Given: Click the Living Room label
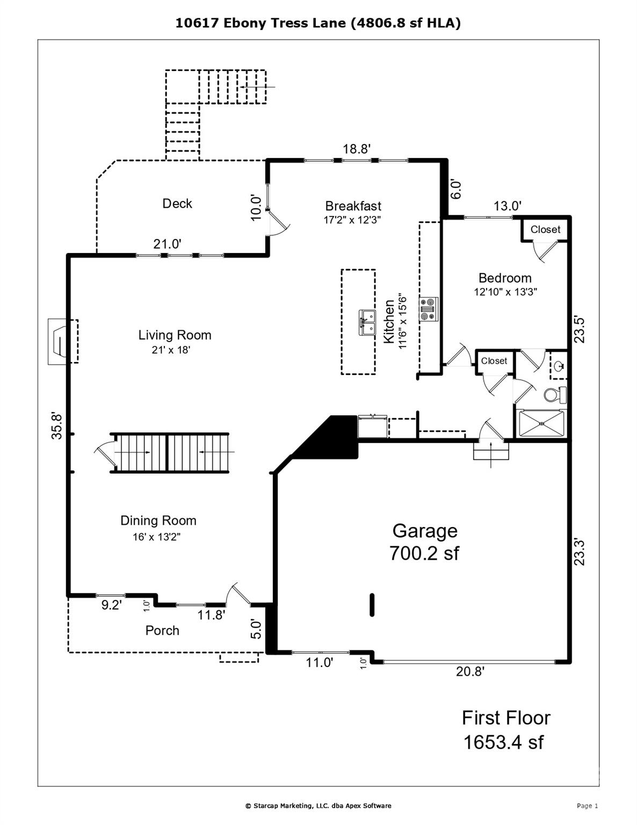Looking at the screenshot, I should point(175,335).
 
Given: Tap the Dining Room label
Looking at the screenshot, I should point(158,520).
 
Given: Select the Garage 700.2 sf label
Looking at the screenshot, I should point(424,541).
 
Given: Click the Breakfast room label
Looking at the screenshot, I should point(353,206).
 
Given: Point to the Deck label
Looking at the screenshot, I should point(177,204).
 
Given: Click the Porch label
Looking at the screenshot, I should point(162,631).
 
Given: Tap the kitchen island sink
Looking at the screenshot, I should point(367,322).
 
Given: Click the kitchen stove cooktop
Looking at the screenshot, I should point(429,309).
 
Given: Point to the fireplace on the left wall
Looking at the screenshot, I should point(62,342).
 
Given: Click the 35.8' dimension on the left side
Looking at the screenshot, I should point(57,426).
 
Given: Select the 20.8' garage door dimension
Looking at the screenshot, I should point(470,671).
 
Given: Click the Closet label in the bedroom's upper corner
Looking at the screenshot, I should point(545,229).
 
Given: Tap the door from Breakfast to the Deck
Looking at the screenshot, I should point(278,223).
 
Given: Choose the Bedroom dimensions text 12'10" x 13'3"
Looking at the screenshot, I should point(505,292).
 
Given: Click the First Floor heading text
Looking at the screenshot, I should point(505,718).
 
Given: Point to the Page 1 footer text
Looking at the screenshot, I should point(587,806).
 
